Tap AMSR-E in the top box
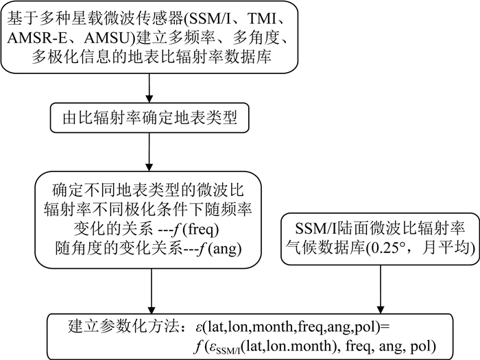(39, 38)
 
